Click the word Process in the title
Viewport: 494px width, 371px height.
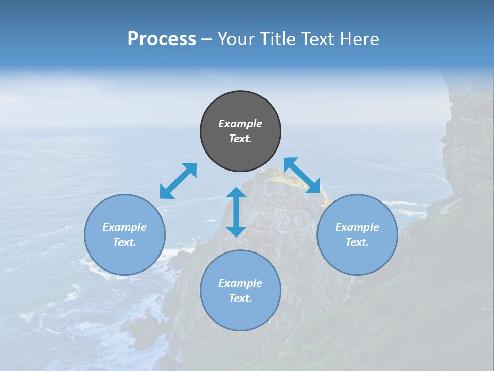point(162,39)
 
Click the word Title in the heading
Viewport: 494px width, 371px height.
point(278,39)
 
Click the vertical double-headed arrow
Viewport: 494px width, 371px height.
point(236,212)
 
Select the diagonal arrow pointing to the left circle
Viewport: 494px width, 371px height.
point(178,181)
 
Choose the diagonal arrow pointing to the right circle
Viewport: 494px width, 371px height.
point(302,175)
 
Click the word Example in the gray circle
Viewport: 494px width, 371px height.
point(240,124)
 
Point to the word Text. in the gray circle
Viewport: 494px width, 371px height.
point(240,139)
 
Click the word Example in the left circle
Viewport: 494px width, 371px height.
point(125,227)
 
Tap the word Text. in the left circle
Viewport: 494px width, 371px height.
point(125,242)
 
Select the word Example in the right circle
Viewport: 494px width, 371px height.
point(357,227)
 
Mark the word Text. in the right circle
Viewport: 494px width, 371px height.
point(357,242)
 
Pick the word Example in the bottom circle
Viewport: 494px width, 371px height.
point(240,283)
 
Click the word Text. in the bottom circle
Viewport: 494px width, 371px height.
point(240,298)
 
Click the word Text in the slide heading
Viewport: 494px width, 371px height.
point(319,39)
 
